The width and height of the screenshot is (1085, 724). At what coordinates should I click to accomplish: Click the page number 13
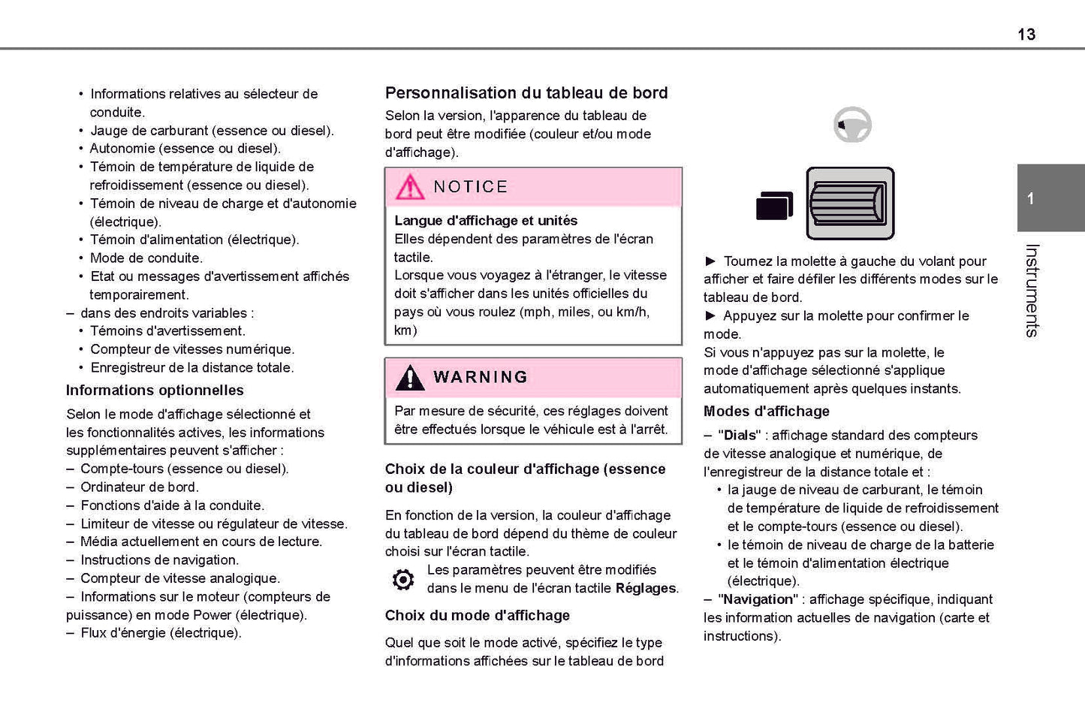[x=1026, y=35]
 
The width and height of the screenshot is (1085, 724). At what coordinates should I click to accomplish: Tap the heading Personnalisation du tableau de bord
[x=526, y=93]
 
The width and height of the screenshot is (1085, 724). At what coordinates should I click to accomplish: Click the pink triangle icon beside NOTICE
[x=410, y=187]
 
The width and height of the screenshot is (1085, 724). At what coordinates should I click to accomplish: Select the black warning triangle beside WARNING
[x=410, y=377]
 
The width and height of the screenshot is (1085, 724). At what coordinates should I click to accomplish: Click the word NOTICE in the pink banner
[x=470, y=187]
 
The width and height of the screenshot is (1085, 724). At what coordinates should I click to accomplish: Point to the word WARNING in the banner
[x=481, y=377]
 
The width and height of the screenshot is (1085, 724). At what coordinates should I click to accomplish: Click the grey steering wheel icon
[x=852, y=125]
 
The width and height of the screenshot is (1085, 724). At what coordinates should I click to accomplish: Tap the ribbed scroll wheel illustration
[x=849, y=204]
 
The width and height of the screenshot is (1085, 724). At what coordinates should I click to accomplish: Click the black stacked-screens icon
[x=774, y=205]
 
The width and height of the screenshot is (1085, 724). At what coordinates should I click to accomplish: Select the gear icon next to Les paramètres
[x=403, y=580]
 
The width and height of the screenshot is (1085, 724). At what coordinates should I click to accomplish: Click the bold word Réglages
[x=646, y=588]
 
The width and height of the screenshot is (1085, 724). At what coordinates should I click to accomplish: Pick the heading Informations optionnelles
[x=155, y=391]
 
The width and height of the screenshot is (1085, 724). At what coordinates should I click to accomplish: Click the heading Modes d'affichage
[x=766, y=412]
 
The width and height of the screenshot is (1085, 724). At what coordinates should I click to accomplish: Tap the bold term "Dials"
[x=739, y=436]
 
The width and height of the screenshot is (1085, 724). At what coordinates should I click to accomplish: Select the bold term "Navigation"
[x=758, y=599]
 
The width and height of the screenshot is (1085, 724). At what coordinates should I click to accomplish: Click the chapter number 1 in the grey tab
[x=1031, y=198]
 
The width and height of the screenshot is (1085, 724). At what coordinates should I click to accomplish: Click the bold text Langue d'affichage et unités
[x=486, y=221]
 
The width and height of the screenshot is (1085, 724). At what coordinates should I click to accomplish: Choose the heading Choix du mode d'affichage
[x=477, y=616]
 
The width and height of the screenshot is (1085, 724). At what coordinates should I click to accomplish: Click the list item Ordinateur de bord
[x=139, y=487]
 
